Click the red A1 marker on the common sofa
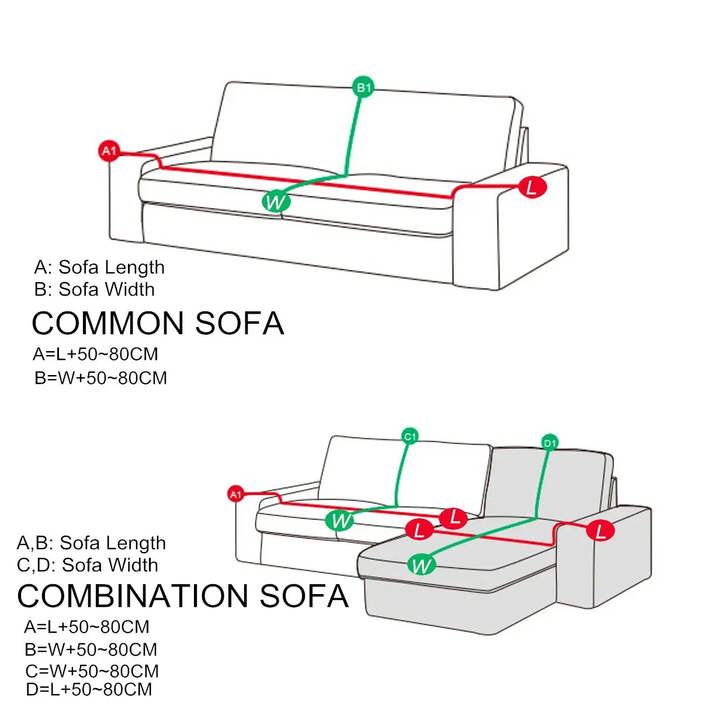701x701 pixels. [x=109, y=151]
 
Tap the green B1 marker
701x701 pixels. [x=363, y=88]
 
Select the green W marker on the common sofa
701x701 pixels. [x=276, y=202]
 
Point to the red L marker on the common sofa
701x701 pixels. [x=532, y=188]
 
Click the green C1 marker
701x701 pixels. [x=411, y=436]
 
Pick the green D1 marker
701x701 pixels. [x=550, y=443]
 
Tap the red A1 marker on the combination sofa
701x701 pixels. [x=235, y=495]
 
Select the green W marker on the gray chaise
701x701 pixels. [x=421, y=565]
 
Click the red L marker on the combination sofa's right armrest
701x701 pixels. [x=601, y=531]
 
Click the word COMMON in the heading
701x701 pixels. [x=108, y=323]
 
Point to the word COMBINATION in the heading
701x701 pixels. [x=133, y=596]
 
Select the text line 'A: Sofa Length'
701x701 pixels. [x=99, y=268]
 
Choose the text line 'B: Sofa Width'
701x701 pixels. [x=95, y=289]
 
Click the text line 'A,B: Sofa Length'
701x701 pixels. [x=91, y=543]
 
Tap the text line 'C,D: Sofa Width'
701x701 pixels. [x=87, y=565]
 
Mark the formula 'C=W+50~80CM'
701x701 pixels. [x=92, y=671]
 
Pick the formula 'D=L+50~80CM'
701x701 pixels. [x=89, y=689]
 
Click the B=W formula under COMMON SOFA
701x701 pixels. [x=100, y=378]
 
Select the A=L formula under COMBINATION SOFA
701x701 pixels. [x=87, y=627]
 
